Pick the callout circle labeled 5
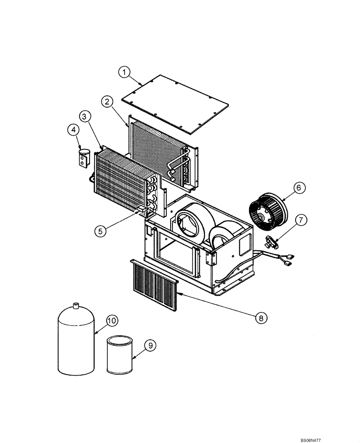[x=100, y=230]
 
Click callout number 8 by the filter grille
[x=261, y=317]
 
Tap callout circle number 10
[x=111, y=320]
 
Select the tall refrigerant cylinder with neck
[x=76, y=341]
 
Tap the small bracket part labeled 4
[x=83, y=159]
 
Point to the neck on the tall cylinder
[x=76, y=305]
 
